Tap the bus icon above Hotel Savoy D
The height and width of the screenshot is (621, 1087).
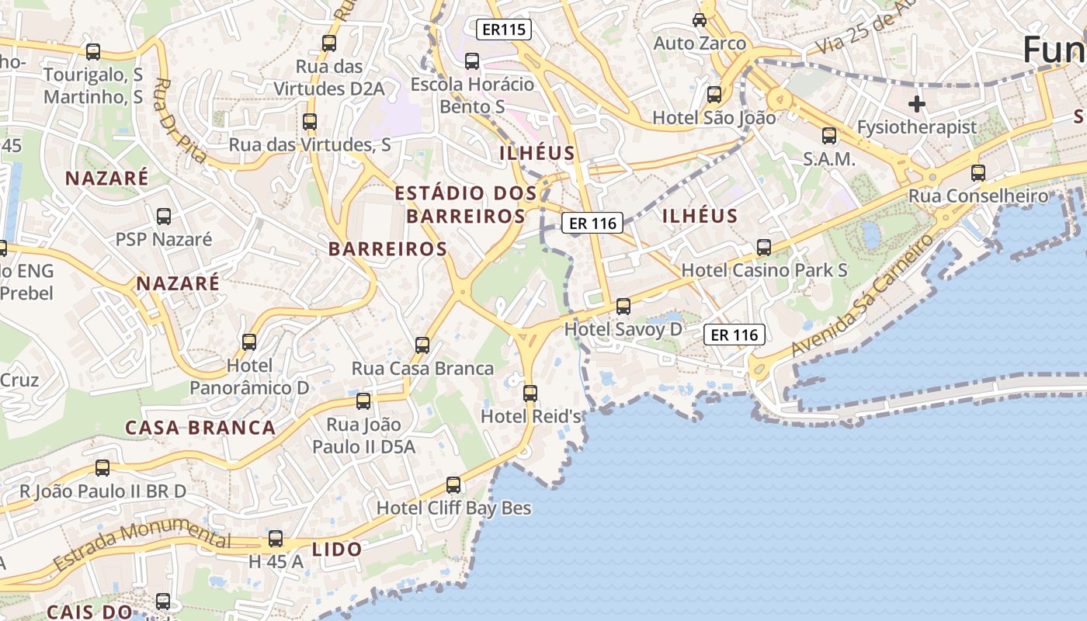tap(623, 307)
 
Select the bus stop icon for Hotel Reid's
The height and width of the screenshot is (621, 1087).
tap(530, 394)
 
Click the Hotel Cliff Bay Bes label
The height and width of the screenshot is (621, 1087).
tap(453, 508)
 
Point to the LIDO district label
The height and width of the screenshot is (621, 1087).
tap(337, 550)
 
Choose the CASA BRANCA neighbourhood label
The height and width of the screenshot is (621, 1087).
tap(200, 428)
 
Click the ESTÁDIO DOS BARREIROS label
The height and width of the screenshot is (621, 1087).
tap(466, 204)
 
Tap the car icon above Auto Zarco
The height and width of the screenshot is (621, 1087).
tap(700, 19)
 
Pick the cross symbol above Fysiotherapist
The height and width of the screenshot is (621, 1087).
tap(917, 103)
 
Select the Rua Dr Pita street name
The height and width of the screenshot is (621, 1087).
tap(180, 120)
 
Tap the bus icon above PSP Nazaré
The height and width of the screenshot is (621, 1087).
tap(164, 217)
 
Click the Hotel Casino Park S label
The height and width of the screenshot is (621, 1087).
tap(764, 270)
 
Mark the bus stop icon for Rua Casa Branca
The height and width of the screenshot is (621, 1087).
tap(422, 345)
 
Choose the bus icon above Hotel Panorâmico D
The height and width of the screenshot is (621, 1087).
tap(249, 342)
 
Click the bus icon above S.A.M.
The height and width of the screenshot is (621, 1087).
tap(829, 136)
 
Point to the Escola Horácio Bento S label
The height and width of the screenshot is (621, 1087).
tap(472, 95)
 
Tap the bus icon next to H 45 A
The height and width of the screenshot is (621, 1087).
tap(276, 539)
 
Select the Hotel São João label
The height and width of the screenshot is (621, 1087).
tap(714, 118)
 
